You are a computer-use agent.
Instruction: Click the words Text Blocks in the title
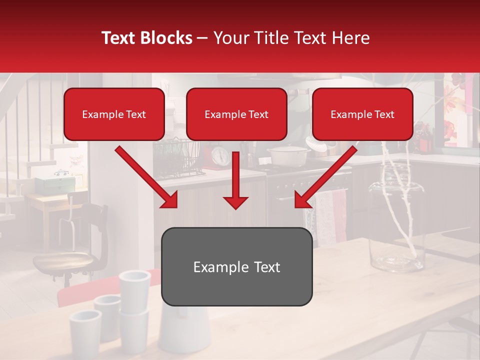click(147, 38)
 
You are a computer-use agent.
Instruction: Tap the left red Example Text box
click(114, 114)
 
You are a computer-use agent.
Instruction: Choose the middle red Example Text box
click(236, 114)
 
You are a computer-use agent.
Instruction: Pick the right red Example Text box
click(362, 114)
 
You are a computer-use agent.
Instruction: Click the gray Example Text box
click(236, 266)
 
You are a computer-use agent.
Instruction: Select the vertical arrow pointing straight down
click(235, 180)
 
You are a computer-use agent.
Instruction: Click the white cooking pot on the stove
click(287, 156)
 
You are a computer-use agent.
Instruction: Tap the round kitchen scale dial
click(220, 156)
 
